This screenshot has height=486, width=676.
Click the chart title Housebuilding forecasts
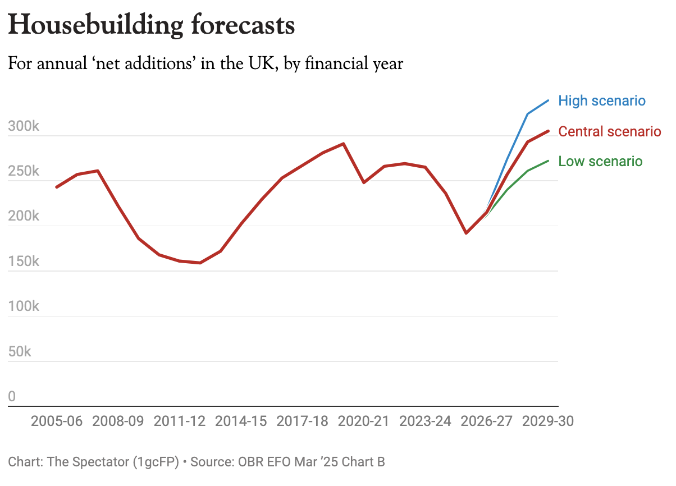pyautogui.click(x=151, y=25)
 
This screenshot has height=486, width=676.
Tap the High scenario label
pyautogui.click(x=602, y=101)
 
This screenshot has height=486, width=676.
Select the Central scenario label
pyautogui.click(x=610, y=132)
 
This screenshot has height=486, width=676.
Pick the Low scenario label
pyautogui.click(x=600, y=162)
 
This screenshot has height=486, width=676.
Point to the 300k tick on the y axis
pyautogui.click(x=24, y=126)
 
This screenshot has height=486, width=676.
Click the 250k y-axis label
pyautogui.click(x=24, y=172)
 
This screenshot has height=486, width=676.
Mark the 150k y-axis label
pyautogui.click(x=24, y=262)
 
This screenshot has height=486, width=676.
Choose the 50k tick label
pyautogui.click(x=20, y=352)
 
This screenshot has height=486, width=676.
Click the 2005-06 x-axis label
pyautogui.click(x=56, y=421)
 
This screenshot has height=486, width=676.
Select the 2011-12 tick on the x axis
pyautogui.click(x=179, y=421)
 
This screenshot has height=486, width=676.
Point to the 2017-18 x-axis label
pyautogui.click(x=302, y=421)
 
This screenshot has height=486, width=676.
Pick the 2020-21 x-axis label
pyautogui.click(x=363, y=421)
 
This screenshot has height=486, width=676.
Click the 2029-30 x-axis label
pyautogui.click(x=547, y=421)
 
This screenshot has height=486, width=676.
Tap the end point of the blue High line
pyautogui.click(x=548, y=100)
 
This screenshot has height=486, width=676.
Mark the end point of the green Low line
pyautogui.click(x=548, y=161)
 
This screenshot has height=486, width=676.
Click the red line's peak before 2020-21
pyautogui.click(x=343, y=144)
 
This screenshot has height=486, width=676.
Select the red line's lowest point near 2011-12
pyautogui.click(x=200, y=263)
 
